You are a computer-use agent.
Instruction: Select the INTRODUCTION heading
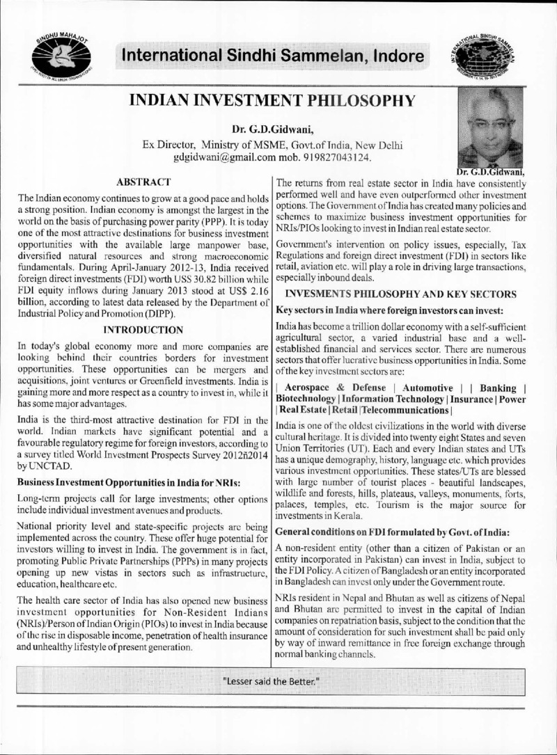pyautogui.click(x=143, y=328)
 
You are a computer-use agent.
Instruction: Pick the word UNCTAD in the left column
pyautogui.click(x=42, y=450)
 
